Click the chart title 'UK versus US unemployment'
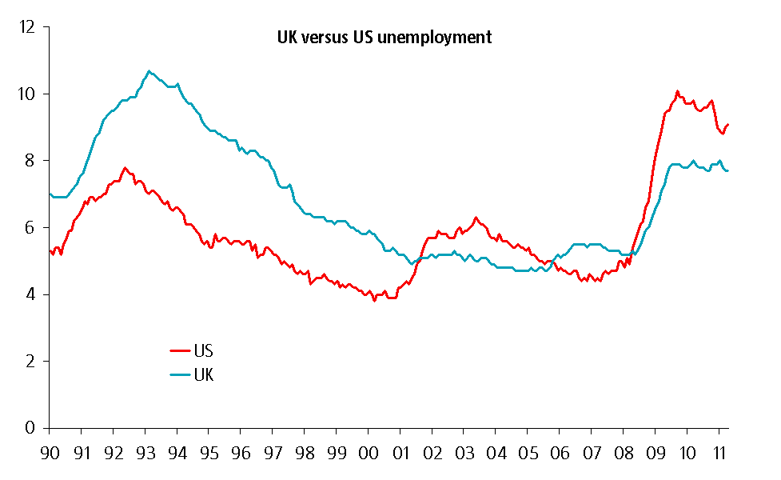coord(384,37)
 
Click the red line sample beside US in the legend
coord(179,350)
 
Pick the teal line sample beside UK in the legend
coord(179,374)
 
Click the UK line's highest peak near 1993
coord(149,71)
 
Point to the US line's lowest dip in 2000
coord(374,301)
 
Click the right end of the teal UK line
coord(727,171)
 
